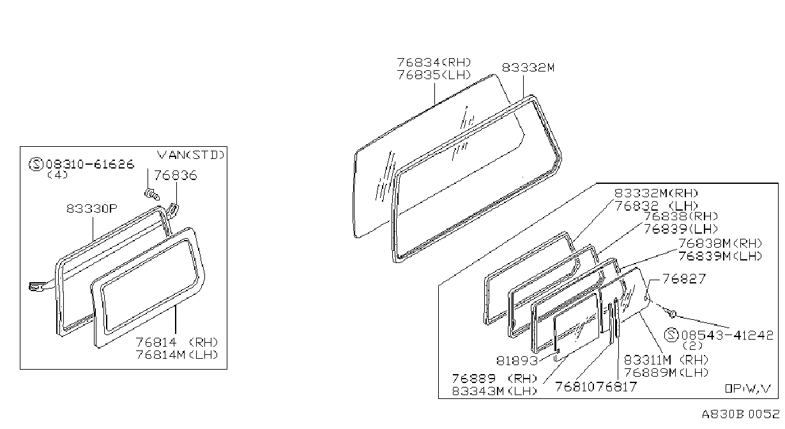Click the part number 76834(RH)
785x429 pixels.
434,63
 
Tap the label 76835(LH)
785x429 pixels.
434,75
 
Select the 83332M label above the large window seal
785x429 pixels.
528,67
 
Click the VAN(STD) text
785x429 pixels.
190,154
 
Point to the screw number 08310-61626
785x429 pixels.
90,164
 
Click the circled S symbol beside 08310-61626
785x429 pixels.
36,164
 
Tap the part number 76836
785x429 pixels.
176,175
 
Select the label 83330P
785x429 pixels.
92,209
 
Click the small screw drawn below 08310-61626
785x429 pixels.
152,193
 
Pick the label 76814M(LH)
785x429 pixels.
177,355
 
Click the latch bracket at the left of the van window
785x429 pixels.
36,287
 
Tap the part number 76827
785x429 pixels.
683,279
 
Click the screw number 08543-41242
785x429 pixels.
727,335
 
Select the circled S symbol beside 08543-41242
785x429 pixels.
671,335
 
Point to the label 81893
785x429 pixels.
517,361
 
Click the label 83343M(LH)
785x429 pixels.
494,391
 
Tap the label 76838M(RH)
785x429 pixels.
720,243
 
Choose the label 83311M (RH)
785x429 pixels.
666,359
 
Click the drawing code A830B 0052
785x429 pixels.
740,414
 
